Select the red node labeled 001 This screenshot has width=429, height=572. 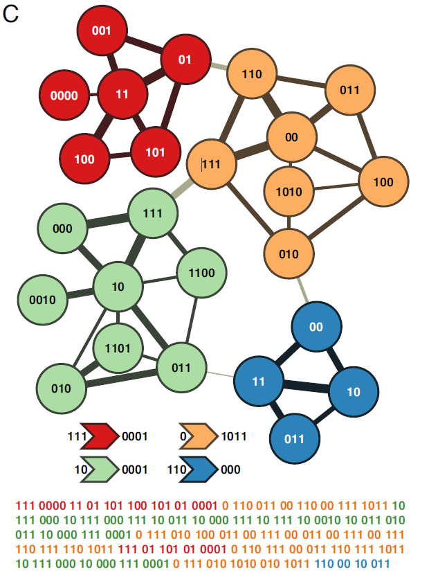tap(101, 30)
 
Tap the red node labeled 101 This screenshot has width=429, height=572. tap(156, 152)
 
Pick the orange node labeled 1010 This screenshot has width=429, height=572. tap(289, 191)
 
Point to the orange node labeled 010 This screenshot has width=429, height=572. tap(289, 253)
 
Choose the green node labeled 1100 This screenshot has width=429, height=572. tap(201, 273)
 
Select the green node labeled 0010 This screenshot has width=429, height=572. tap(42, 300)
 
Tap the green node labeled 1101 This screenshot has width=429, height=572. tap(118, 348)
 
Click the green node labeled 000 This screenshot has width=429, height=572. tap(62, 228)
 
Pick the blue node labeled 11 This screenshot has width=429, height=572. tap(258, 381)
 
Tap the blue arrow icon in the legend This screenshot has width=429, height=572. tap(199, 469)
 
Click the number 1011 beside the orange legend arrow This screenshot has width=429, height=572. tap(234, 437)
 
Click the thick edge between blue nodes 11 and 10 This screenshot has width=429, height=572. tap(305, 386)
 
